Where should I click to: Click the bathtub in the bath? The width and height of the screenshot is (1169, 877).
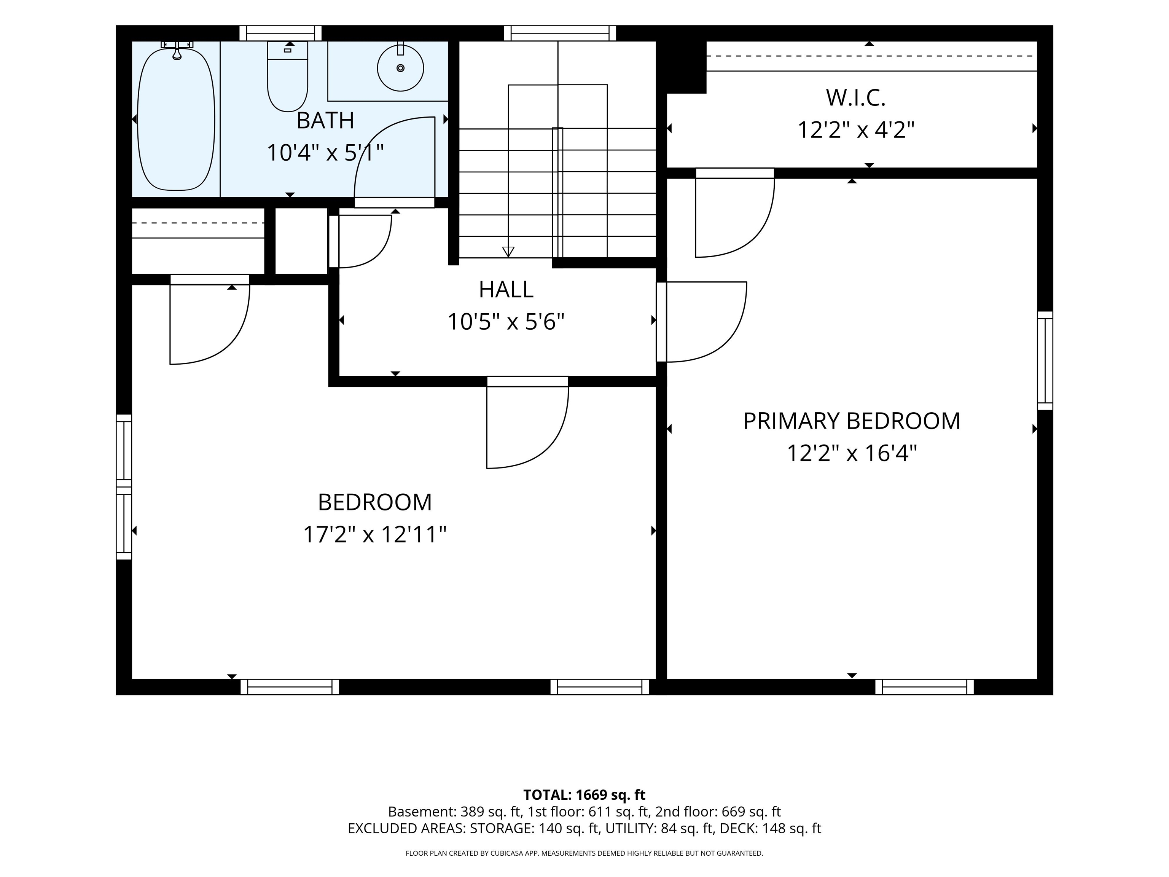[176, 119]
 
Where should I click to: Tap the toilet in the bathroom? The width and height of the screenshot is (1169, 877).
[288, 77]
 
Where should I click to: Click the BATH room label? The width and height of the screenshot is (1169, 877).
[325, 121]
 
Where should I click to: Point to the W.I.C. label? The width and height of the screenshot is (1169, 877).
[855, 98]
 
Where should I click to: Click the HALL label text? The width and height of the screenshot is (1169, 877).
[506, 290]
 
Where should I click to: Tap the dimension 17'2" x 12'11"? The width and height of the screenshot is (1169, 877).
[375, 534]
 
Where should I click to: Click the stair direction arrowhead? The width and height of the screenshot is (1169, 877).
[508, 252]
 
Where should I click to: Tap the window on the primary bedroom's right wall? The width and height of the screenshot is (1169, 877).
[1045, 360]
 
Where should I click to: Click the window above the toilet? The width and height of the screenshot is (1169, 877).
[280, 33]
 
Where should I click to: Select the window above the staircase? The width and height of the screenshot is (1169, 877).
[560, 33]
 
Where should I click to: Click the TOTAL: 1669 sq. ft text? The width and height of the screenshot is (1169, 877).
[584, 794]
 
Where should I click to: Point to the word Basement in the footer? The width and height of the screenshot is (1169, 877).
[420, 812]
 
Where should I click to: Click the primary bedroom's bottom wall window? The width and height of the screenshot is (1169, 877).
[924, 687]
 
